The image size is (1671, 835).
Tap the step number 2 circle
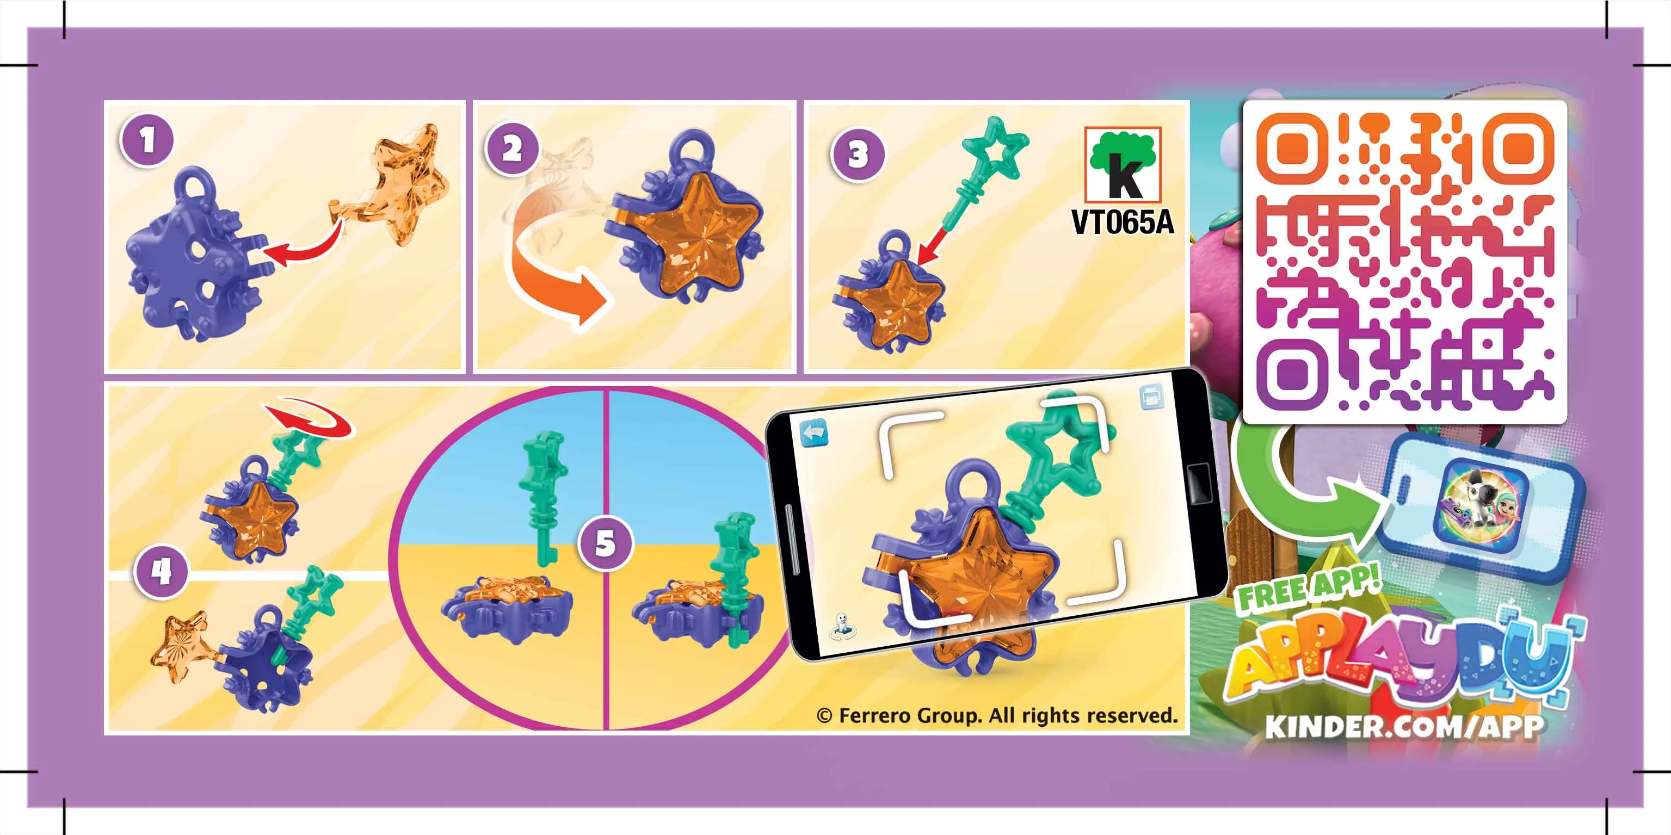pyautogui.click(x=513, y=150)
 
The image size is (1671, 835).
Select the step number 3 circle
pyautogui.click(x=858, y=154)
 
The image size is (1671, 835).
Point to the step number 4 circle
pyautogui.click(x=161, y=572)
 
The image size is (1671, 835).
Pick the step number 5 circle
pyautogui.click(x=605, y=543)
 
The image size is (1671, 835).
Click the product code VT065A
pyautogui.click(x=1122, y=222)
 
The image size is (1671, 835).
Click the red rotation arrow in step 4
pyautogui.click(x=310, y=422)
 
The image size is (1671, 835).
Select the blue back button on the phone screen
pyautogui.click(x=814, y=433)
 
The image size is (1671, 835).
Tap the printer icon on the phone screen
pyautogui.click(x=1151, y=397)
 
